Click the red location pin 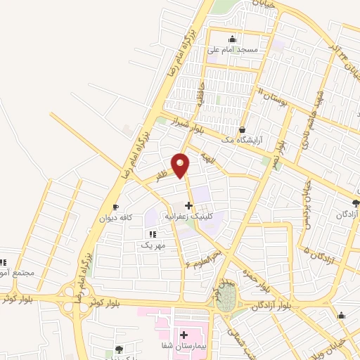coord(181,164)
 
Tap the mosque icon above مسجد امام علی coord(233,39)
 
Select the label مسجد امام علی coord(232,50)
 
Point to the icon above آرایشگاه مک coord(243,130)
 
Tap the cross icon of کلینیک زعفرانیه coord(188,206)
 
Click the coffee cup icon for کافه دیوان coord(116,207)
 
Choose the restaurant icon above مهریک coord(153,234)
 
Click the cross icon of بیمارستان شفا coord(184,335)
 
